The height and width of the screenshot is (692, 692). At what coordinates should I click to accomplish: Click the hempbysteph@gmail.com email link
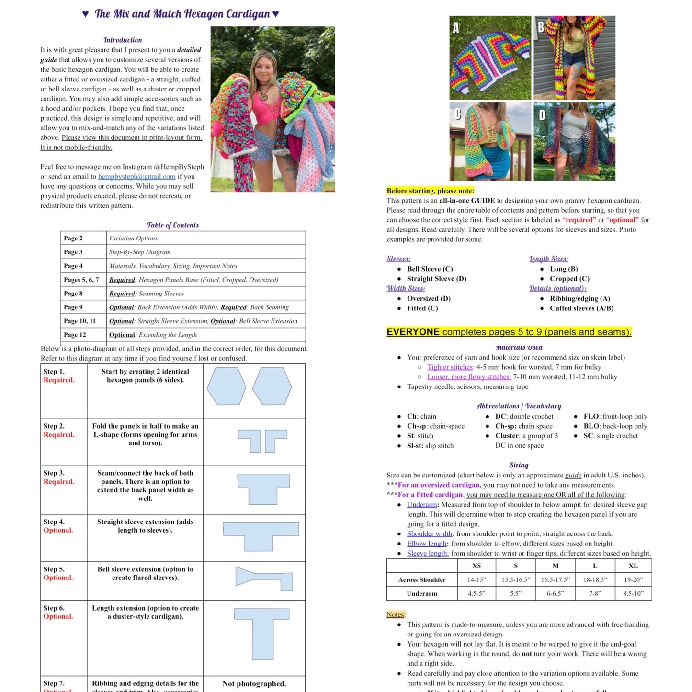coord(136,177)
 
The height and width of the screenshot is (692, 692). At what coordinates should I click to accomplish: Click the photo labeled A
coord(490,58)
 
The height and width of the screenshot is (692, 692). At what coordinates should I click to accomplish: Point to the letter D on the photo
coord(542,115)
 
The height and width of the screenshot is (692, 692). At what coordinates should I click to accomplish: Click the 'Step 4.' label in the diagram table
coord(54,522)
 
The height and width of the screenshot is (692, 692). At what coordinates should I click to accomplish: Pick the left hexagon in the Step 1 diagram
coord(226,386)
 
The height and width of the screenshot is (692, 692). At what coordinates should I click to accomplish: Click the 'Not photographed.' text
coord(254,684)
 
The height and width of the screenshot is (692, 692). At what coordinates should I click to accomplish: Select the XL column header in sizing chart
coord(633,566)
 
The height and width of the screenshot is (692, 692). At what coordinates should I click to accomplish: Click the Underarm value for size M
coord(555,594)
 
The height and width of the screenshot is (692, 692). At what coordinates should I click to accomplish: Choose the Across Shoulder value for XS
coord(476,580)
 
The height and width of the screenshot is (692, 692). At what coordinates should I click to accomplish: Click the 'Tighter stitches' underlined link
coord(450,367)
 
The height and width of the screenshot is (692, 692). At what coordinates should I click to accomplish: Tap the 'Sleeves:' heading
coord(398,259)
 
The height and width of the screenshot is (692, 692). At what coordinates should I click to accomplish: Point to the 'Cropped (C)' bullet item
coord(569,279)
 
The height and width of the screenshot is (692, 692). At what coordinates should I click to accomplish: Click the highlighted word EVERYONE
coord(413,332)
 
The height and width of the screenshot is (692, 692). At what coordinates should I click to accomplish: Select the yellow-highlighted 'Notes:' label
coord(396,614)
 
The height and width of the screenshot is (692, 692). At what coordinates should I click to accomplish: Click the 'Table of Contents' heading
coord(172,225)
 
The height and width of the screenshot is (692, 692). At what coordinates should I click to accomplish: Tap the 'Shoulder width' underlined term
coord(430,534)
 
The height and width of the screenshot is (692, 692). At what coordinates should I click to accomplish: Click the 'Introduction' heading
coord(123,40)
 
